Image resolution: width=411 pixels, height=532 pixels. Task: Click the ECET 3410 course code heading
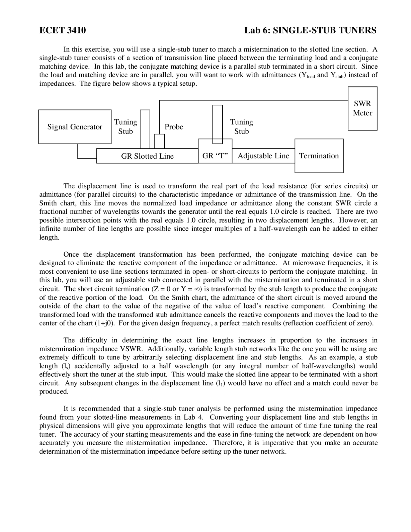coord(63,31)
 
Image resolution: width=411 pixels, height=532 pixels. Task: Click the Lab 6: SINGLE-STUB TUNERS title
coord(310,31)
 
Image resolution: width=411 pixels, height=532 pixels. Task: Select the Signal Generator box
coord(75,127)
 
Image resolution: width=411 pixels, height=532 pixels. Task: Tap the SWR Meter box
coord(363,108)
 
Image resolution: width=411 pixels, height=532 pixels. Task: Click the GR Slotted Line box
coord(147,156)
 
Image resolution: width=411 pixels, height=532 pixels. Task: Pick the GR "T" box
coord(215,156)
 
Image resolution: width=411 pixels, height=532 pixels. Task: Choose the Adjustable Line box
coord(263,156)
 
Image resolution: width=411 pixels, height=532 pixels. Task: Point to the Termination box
coord(319,156)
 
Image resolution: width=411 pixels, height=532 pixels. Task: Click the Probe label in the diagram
coord(174,127)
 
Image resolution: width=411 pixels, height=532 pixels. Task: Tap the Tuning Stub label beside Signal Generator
coord(126,127)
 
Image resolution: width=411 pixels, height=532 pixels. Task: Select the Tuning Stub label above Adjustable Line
coord(241,127)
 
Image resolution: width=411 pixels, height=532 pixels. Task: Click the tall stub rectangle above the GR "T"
coord(217,124)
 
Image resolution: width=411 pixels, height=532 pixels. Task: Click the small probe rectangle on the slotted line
coord(160,141)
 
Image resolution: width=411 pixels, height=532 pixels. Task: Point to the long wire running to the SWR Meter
coord(254,100)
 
